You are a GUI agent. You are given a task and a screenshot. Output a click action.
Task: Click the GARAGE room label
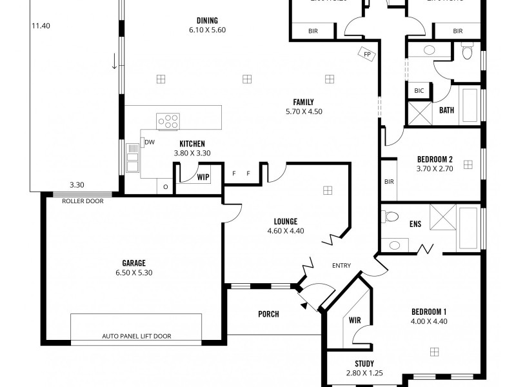134,263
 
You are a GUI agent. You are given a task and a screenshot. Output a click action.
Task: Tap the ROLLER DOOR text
83,201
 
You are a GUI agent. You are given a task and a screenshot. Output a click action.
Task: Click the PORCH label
268,314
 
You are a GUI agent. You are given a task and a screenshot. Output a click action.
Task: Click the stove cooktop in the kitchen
168,121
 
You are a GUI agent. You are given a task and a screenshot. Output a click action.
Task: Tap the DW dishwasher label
149,142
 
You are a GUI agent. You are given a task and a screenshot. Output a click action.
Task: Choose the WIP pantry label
203,176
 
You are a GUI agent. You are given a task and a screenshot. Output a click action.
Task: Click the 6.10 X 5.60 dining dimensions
207,30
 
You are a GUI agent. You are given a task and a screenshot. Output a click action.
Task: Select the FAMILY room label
303,102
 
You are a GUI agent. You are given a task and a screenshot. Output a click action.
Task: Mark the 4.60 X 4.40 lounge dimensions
285,231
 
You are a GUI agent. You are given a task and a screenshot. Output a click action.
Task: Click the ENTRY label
341,266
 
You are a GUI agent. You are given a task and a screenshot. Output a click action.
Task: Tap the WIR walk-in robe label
354,320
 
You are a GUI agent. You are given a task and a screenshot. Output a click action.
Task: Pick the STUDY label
364,364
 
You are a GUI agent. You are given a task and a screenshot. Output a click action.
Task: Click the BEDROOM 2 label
435,159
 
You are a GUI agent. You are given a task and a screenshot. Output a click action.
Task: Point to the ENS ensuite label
415,224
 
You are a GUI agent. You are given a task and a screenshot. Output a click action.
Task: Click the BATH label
446,110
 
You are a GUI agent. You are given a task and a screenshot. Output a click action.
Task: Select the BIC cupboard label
418,92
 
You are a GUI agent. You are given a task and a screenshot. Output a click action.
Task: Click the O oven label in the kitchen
165,186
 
